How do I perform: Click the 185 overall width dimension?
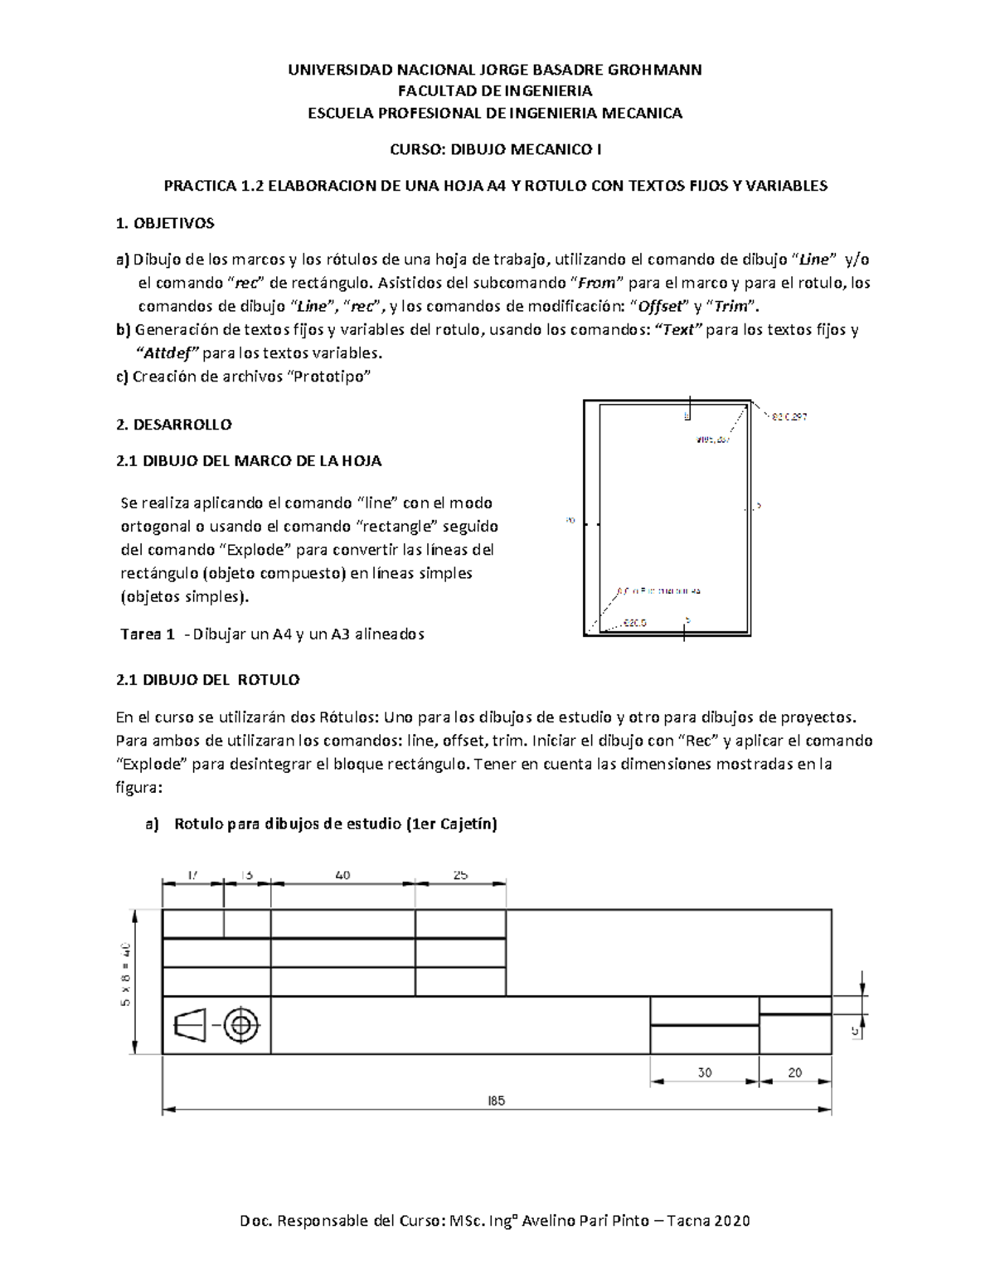pyautogui.click(x=497, y=1101)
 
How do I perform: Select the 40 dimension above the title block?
pyautogui.click(x=343, y=875)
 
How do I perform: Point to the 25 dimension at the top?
pyautogui.click(x=460, y=875)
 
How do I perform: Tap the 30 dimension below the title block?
pyautogui.click(x=705, y=1072)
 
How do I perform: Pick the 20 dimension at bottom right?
pyautogui.click(x=794, y=1072)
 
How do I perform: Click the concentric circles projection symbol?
pyautogui.click(x=241, y=1026)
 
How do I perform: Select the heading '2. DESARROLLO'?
pyautogui.click(x=174, y=425)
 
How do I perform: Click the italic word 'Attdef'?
pyautogui.click(x=167, y=353)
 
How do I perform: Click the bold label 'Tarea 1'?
pyautogui.click(x=148, y=634)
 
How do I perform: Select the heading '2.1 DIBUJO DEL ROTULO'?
pyautogui.click(x=208, y=680)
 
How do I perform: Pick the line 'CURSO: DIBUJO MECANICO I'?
pyautogui.click(x=496, y=149)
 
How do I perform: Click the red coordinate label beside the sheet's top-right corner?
pyautogui.click(x=789, y=417)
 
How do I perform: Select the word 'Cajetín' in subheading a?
pyautogui.click(x=465, y=824)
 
